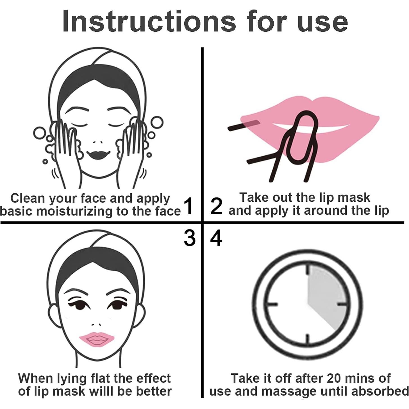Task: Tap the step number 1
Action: [x=188, y=206]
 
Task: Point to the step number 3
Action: [x=189, y=238]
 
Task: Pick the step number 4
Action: [x=216, y=238]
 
